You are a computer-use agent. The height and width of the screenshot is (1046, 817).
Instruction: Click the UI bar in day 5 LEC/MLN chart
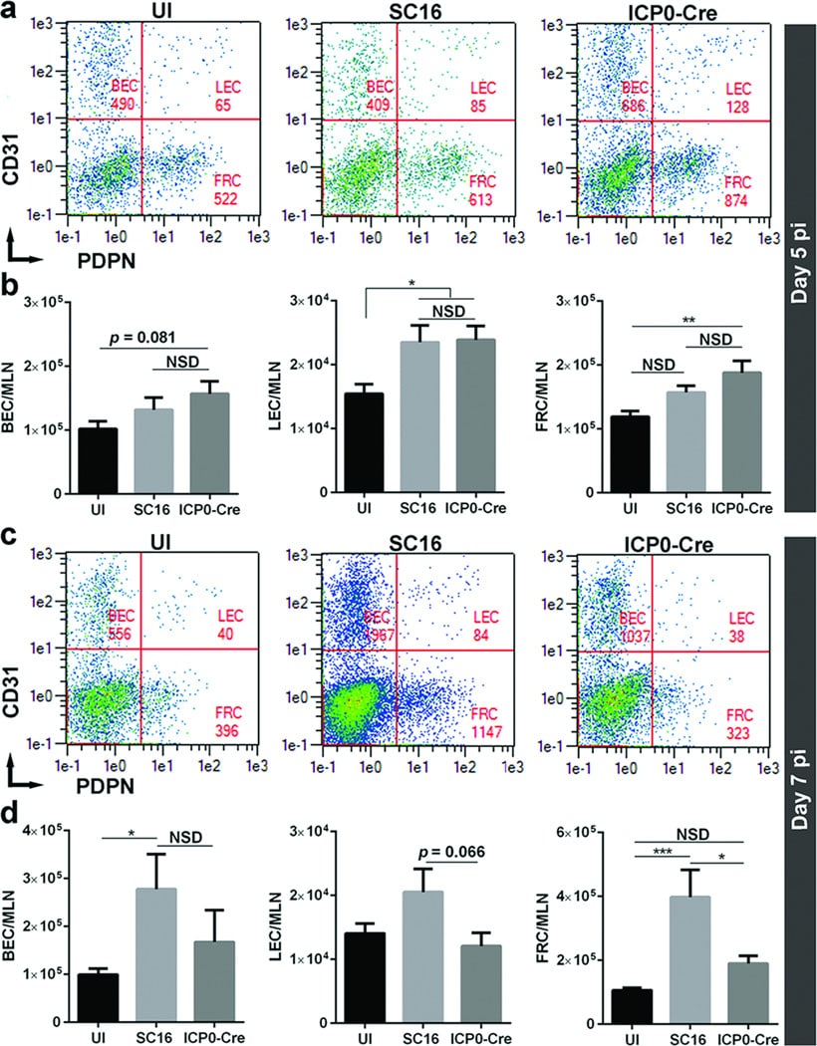point(370,442)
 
